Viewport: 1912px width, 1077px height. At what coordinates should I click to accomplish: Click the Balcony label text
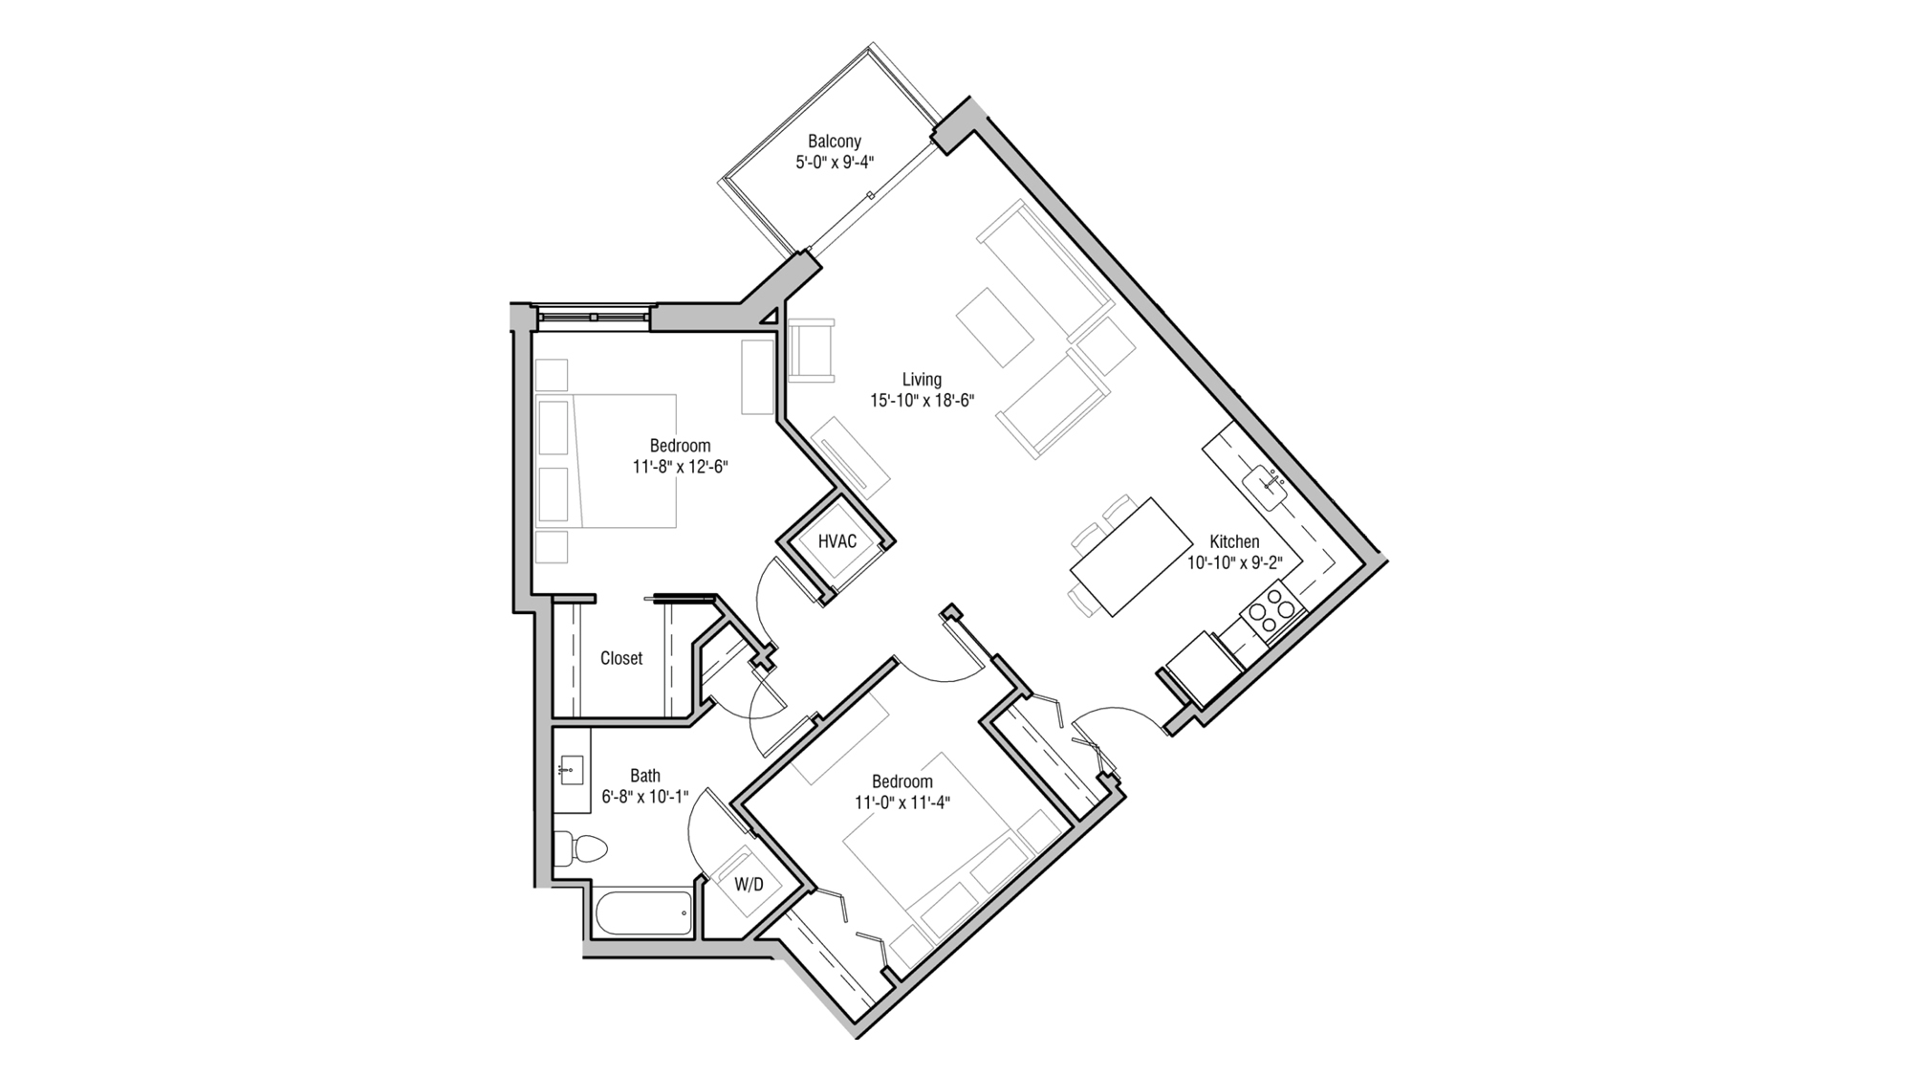pos(834,142)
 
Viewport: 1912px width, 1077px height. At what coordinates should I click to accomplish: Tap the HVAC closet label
pos(836,541)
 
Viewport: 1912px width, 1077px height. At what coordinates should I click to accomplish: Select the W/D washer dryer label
pos(749,885)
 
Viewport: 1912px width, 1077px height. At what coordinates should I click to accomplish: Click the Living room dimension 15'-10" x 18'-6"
pos(922,401)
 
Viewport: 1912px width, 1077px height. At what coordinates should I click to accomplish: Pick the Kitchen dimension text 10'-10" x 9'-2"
pos(1234,563)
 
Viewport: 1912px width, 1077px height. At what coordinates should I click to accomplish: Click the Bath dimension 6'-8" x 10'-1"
pos(644,797)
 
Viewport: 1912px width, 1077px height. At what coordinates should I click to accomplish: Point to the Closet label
pos(621,658)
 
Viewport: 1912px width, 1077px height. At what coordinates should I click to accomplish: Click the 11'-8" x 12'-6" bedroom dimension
pos(680,467)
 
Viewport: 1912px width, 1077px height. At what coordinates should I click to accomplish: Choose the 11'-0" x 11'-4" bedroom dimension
pos(902,803)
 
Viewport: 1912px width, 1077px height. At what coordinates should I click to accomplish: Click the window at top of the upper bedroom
pos(593,315)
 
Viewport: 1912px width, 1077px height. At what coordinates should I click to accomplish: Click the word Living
pos(922,380)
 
